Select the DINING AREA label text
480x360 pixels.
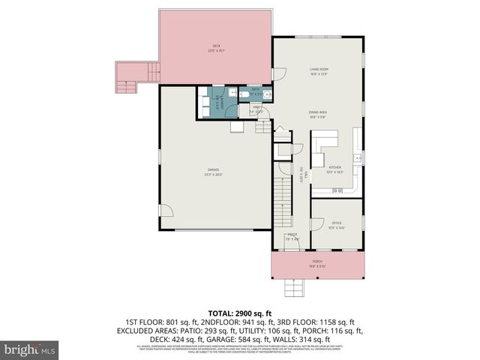point(319,113)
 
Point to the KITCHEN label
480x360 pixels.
point(335,169)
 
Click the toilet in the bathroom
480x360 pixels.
point(244,95)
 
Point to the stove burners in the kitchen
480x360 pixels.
point(337,191)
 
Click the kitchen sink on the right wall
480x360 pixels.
point(360,158)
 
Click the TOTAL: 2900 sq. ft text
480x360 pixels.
point(239,313)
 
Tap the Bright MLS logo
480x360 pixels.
point(30,349)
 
